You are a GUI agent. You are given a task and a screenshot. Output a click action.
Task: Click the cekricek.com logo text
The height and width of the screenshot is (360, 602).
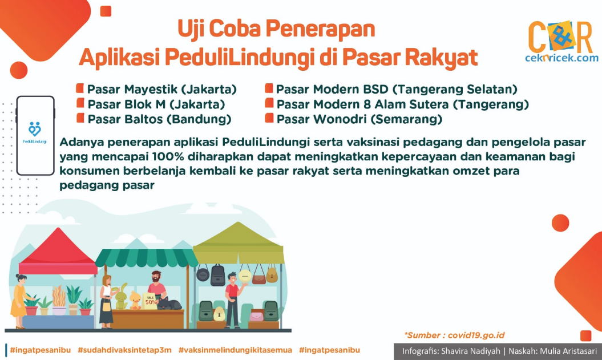point(561,58)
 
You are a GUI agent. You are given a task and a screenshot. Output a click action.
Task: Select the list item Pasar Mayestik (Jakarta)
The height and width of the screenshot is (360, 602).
point(161,90)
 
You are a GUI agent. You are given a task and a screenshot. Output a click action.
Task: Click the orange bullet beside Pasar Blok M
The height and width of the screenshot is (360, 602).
point(80,103)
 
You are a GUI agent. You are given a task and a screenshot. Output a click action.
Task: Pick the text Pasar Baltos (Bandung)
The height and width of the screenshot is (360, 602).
point(159,119)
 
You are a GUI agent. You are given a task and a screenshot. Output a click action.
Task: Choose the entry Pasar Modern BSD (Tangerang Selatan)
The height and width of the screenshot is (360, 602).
point(397,90)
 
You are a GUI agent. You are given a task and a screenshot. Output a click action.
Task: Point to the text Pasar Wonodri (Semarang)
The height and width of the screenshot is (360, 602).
point(359,119)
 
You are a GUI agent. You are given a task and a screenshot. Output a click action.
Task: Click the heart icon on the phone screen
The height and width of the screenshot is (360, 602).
point(35,130)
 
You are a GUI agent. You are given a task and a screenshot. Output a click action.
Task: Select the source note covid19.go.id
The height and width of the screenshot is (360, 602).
point(454,335)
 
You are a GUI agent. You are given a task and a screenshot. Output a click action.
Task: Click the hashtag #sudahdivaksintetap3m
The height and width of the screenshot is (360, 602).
point(124,350)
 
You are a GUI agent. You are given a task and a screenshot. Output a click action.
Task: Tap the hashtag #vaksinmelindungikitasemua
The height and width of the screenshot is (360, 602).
point(235,350)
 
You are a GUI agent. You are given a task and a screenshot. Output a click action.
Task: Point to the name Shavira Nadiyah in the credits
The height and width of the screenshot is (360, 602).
point(471,351)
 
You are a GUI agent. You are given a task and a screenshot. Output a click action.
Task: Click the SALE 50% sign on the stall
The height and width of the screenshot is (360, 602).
point(150,301)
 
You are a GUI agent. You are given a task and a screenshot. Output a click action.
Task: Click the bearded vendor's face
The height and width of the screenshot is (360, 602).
point(156,277)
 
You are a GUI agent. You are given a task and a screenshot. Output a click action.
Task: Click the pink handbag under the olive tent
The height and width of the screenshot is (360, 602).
point(256,316)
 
